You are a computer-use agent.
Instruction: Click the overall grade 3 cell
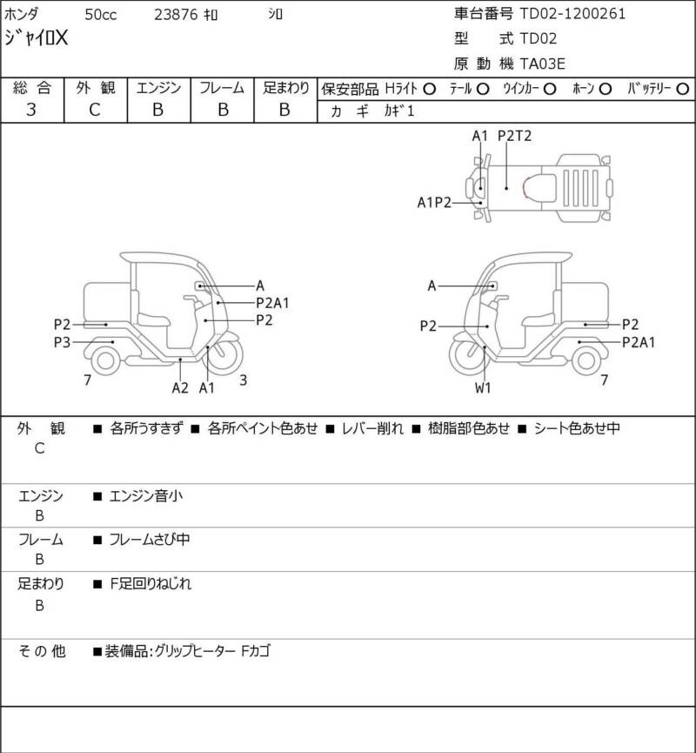(x=31, y=110)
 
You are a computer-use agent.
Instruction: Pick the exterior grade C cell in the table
(x=95, y=110)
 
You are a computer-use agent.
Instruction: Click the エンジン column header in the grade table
(x=158, y=88)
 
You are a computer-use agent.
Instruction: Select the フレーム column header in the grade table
(x=222, y=88)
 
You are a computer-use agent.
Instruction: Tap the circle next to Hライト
(x=430, y=89)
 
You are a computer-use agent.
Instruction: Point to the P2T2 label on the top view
(x=514, y=136)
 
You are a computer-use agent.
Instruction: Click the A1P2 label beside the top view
(x=434, y=202)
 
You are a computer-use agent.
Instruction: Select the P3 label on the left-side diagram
(x=62, y=342)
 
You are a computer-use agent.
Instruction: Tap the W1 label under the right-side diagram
(x=483, y=388)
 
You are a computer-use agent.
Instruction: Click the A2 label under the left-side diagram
(x=180, y=388)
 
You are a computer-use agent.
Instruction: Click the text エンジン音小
(x=146, y=497)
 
